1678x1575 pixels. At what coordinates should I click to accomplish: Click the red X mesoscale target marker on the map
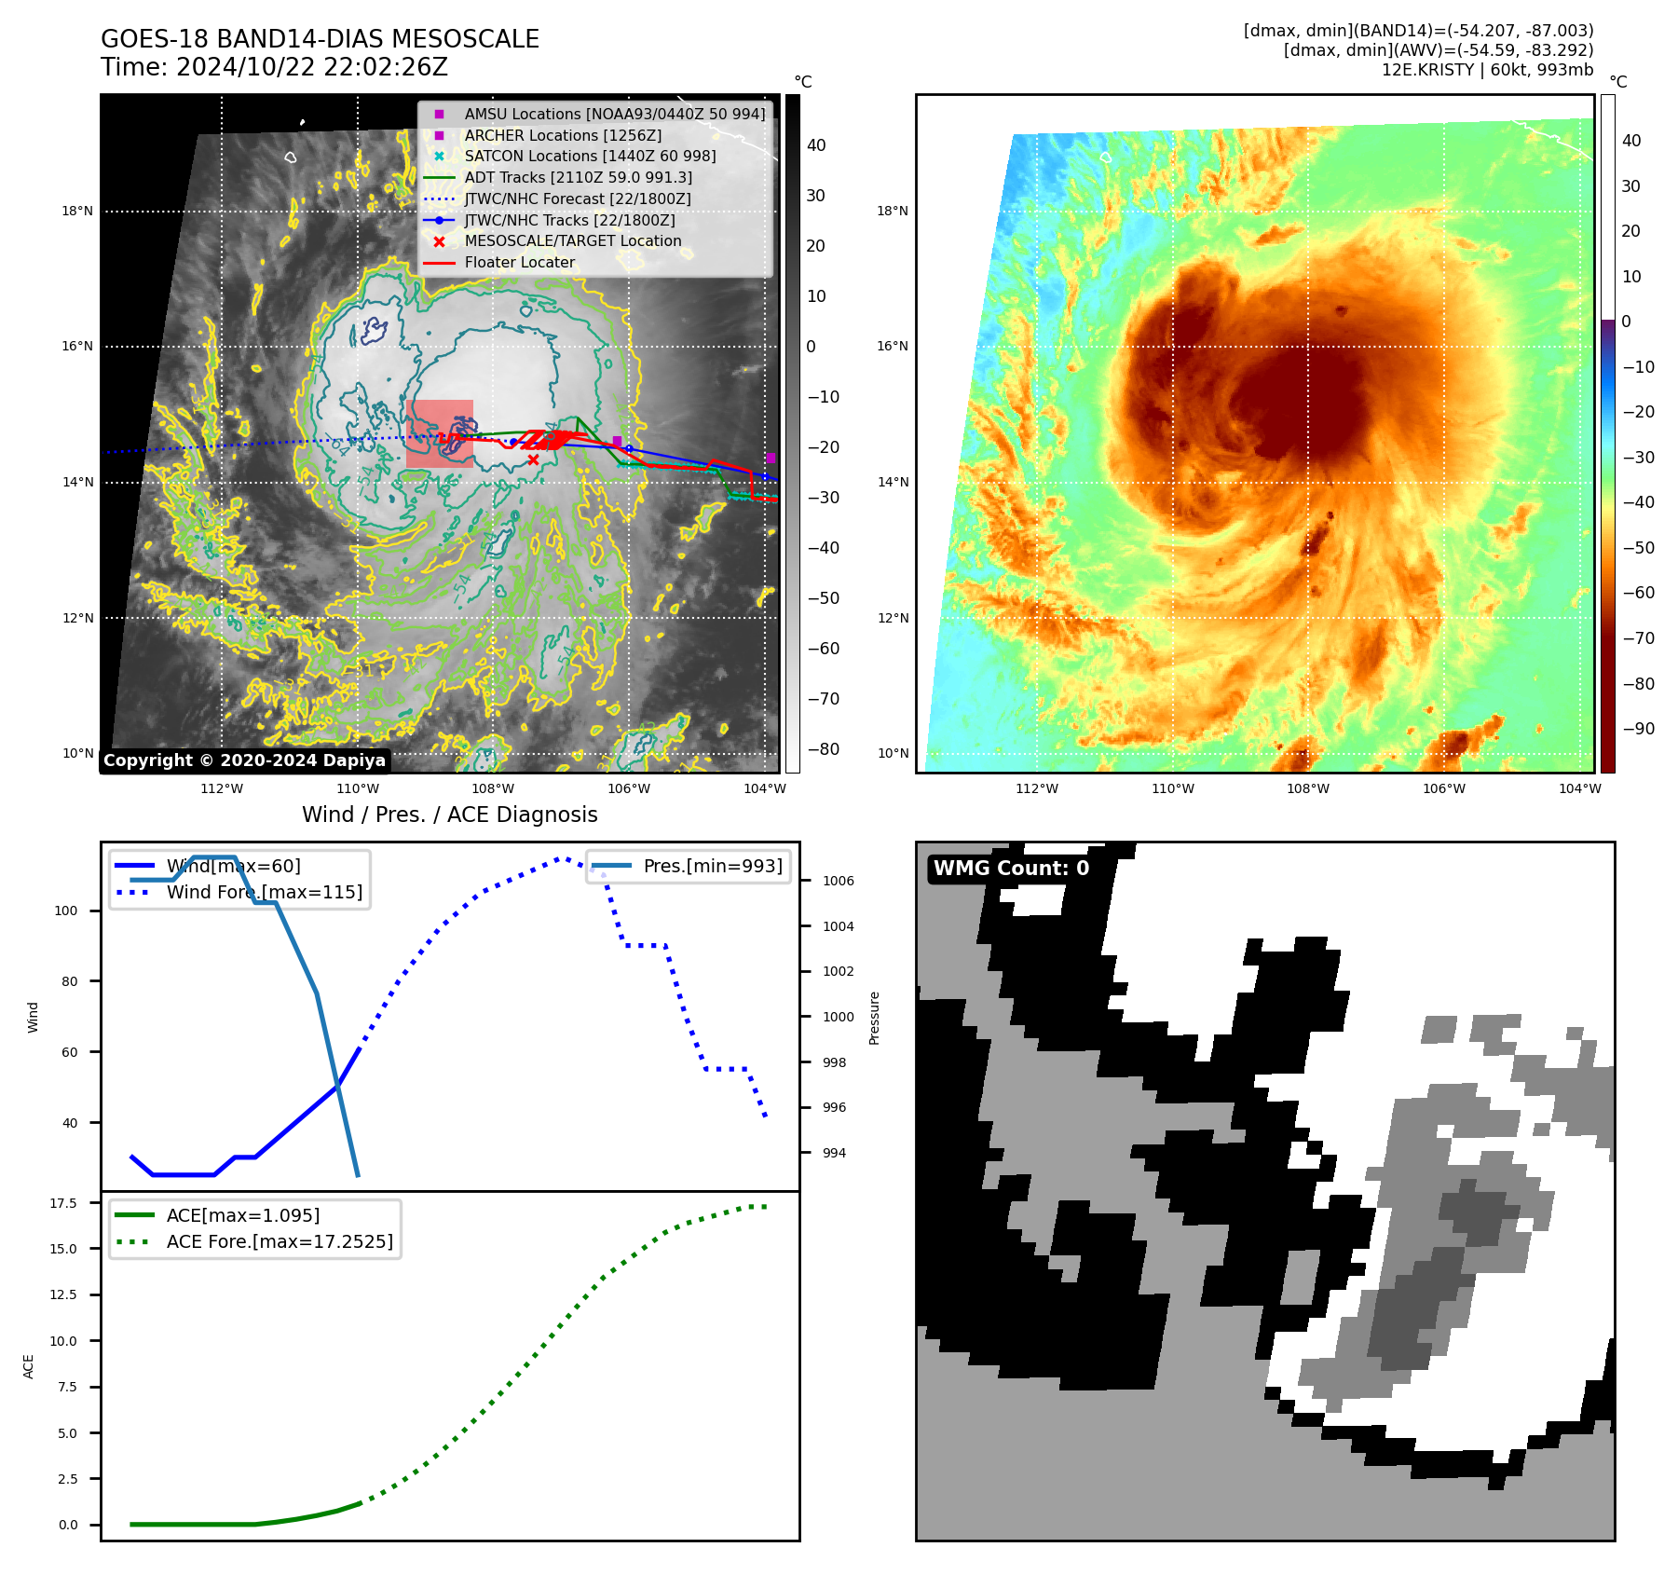coord(533,459)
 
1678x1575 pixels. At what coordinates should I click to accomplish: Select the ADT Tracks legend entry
coord(578,177)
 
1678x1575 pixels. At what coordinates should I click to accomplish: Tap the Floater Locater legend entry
coord(519,263)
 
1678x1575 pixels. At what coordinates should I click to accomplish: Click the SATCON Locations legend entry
coord(590,157)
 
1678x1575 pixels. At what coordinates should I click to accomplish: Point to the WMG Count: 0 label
coord(1011,869)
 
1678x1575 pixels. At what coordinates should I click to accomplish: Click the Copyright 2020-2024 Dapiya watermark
coord(244,760)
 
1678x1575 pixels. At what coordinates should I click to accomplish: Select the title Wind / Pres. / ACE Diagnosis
coord(450,815)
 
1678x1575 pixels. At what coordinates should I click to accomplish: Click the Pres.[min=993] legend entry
coord(713,866)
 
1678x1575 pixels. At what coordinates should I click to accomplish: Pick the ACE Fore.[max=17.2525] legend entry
coord(280,1241)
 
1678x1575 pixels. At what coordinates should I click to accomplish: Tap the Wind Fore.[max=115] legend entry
coord(265,892)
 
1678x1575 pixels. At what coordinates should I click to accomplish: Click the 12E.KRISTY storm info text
coord(1487,70)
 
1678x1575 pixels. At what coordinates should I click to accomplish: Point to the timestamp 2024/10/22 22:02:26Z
coord(312,68)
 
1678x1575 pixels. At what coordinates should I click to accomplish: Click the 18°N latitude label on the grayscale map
coord(77,212)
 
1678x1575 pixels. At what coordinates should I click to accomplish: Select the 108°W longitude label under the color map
coord(1308,788)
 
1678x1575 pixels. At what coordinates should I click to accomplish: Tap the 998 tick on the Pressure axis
coord(834,1062)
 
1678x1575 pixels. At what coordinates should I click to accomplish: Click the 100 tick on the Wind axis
coord(66,911)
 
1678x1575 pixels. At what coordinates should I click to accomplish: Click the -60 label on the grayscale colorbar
coord(823,649)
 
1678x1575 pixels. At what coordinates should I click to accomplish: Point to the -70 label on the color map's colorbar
coord(1638,638)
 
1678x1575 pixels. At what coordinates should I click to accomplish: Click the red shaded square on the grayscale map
coord(439,433)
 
